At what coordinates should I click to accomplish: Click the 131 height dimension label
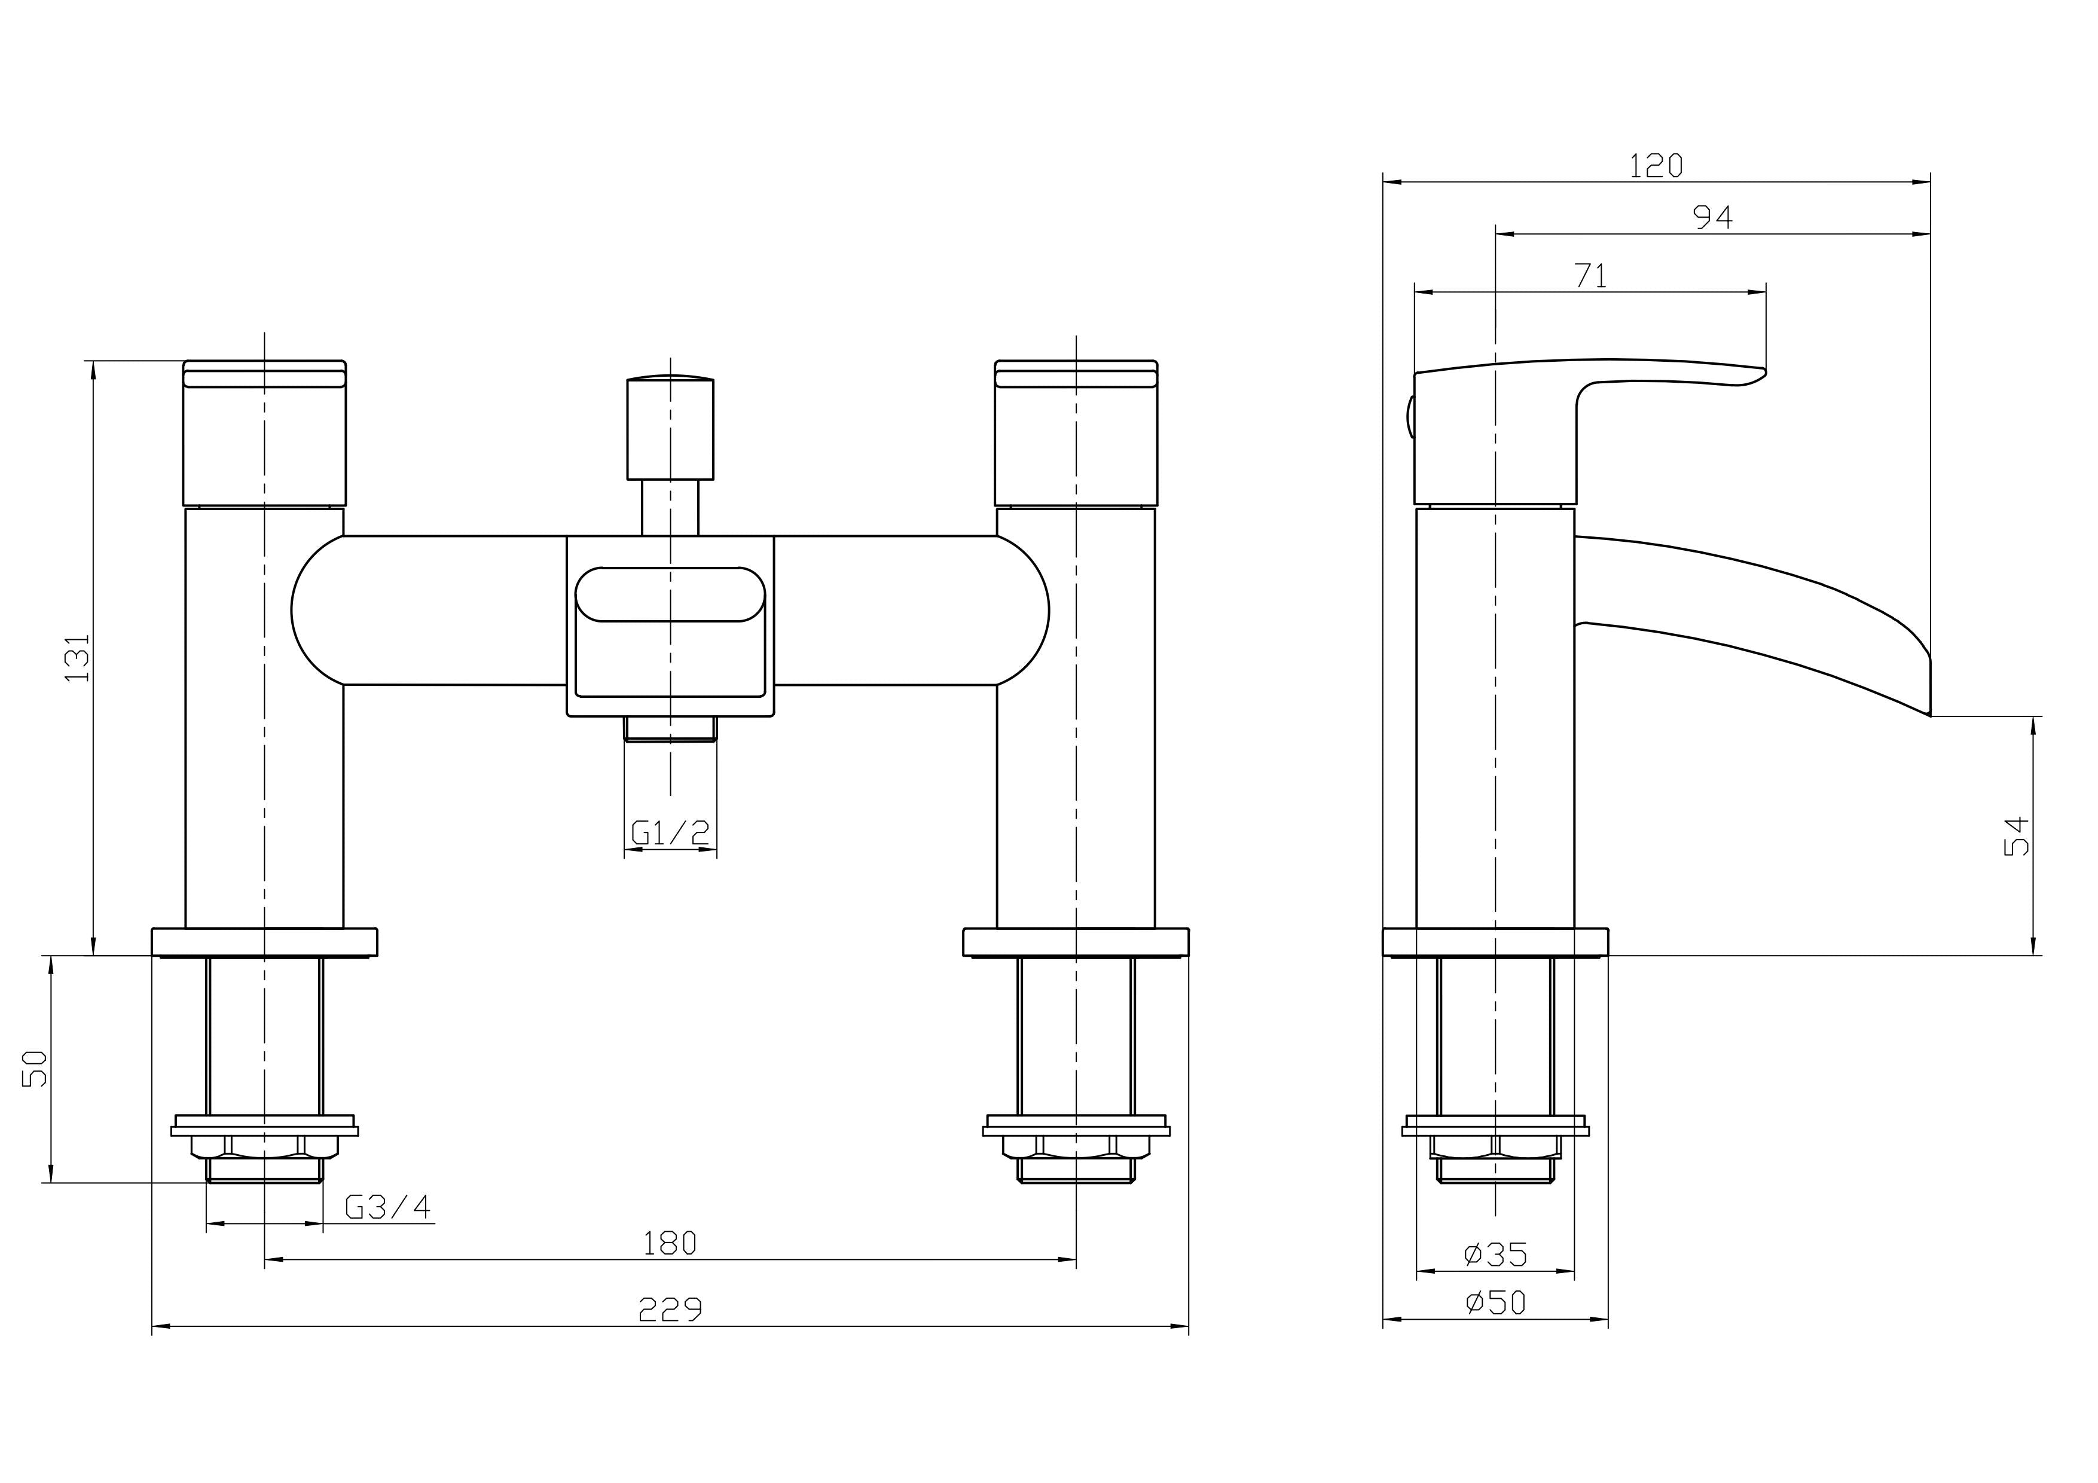(x=78, y=657)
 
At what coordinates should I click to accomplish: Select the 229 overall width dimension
(x=670, y=1310)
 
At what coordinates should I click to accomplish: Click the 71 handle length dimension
(x=1591, y=276)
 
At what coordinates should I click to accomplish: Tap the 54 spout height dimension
(x=2015, y=835)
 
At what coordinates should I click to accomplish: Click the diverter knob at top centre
(x=670, y=429)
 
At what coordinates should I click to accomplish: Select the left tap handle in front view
(x=264, y=434)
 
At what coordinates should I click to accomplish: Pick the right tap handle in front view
(x=1076, y=434)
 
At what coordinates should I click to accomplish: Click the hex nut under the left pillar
(x=264, y=1147)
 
